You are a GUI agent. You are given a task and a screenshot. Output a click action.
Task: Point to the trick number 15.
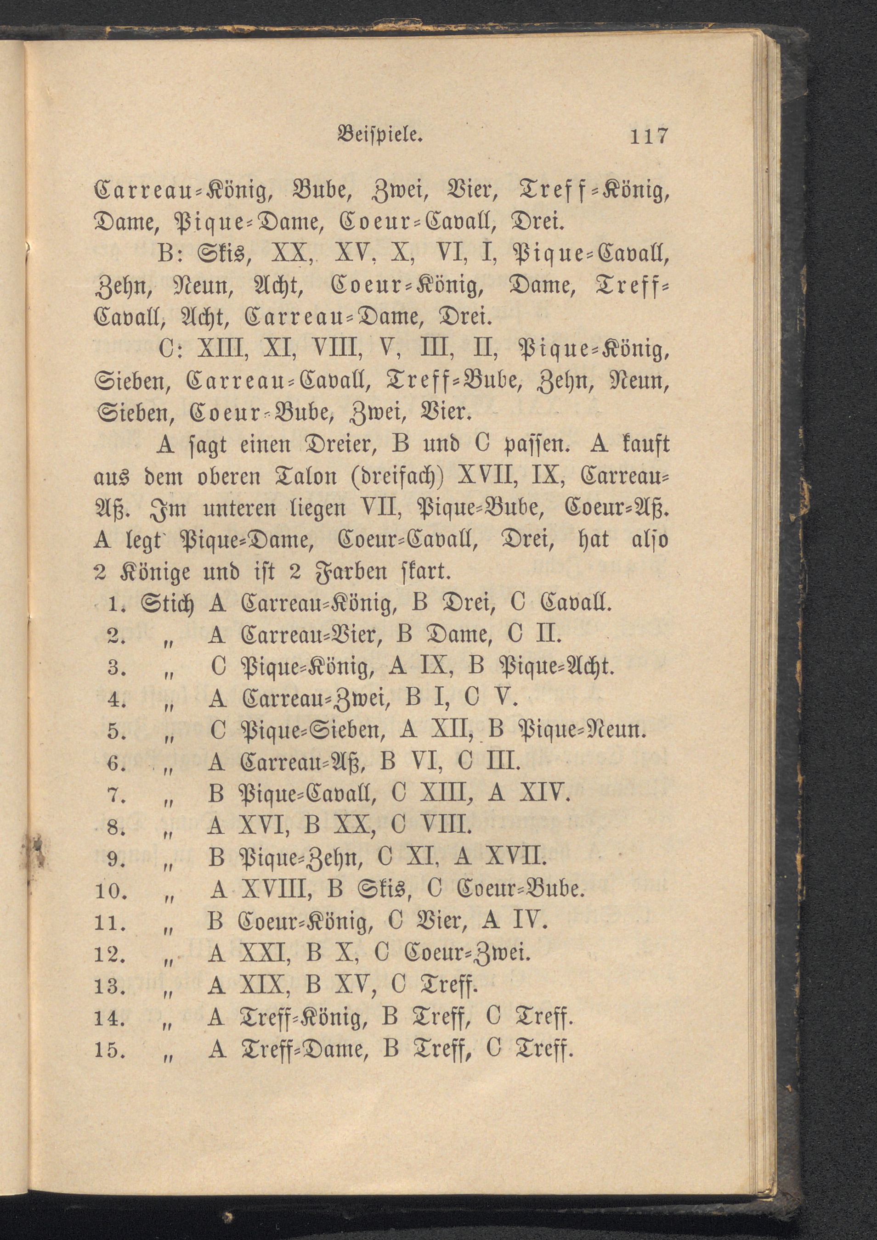click(110, 1050)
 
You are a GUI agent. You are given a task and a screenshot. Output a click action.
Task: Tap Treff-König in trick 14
click(300, 1018)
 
